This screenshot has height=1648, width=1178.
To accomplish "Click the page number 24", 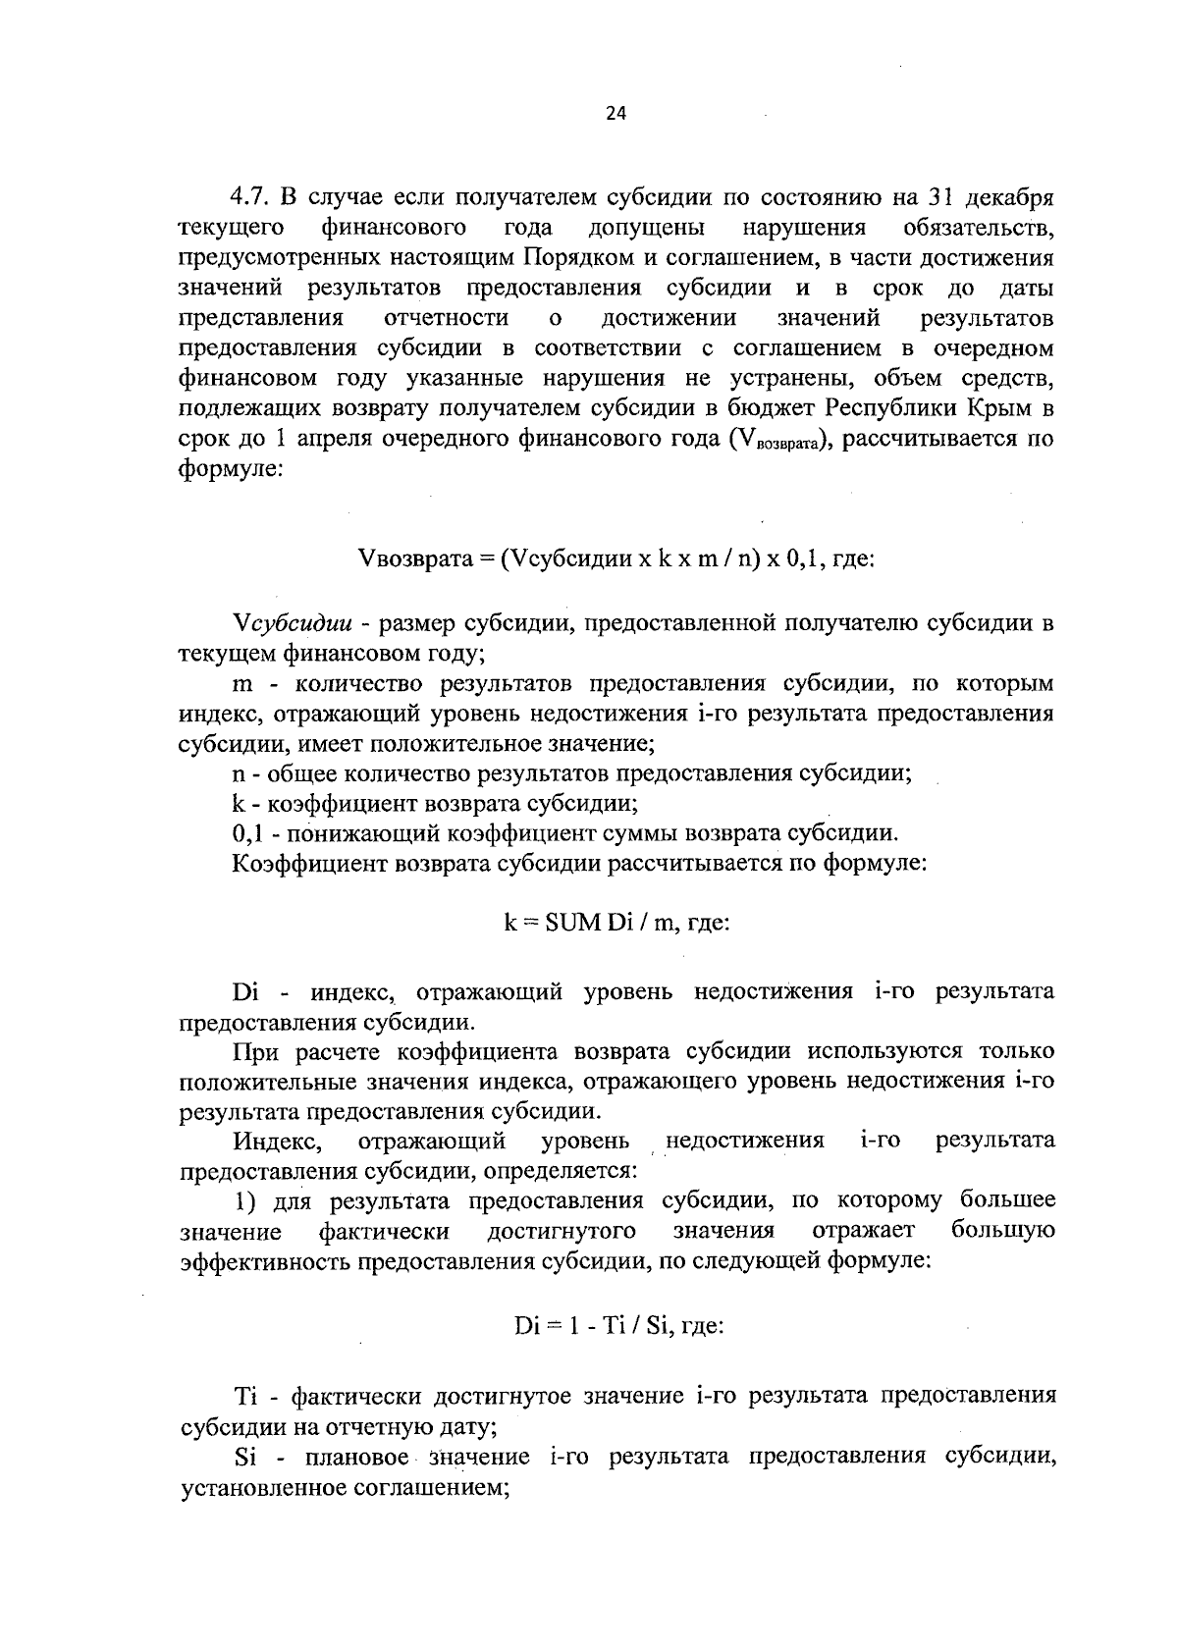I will [x=616, y=113].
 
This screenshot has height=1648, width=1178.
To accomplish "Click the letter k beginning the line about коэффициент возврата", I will [x=239, y=804].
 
